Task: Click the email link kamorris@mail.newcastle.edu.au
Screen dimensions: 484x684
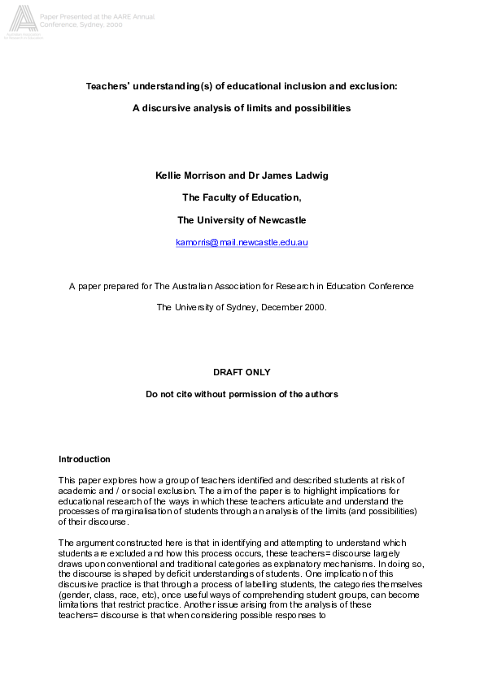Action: pos(242,242)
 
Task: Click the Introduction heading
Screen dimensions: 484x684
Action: pos(84,460)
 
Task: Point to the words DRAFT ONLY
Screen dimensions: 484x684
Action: pos(242,372)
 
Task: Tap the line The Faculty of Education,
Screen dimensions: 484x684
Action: pos(242,197)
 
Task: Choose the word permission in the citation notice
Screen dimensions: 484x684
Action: pos(264,394)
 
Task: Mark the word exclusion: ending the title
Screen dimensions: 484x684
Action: pos(373,86)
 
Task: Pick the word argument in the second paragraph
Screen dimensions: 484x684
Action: pos(95,543)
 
